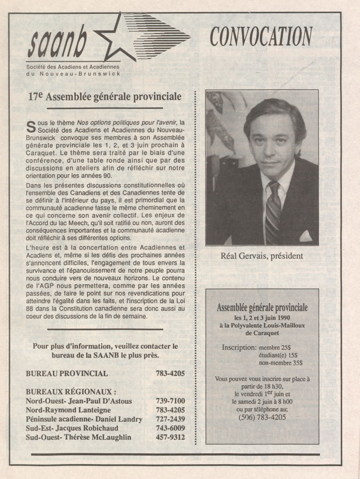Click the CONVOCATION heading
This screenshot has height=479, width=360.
pos(261,36)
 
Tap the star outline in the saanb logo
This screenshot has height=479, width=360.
pos(112,39)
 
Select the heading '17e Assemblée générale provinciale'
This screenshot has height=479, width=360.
pos(105,97)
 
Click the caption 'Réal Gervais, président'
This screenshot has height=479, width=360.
pos(262,256)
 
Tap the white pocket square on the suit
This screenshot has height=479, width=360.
pos(306,236)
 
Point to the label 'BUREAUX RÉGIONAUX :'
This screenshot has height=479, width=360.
pos(71,392)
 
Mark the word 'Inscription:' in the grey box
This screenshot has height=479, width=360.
pos(239,348)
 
